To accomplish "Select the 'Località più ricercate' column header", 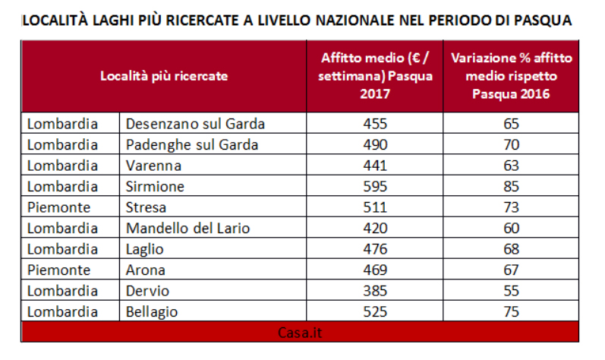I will coord(164,76).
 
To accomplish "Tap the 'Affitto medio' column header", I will coord(375,76).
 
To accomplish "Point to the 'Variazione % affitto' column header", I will coord(511,76).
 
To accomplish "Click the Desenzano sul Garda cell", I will coord(195,123).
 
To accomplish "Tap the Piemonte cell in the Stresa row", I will coord(59,207).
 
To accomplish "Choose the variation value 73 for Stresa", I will coord(511,207).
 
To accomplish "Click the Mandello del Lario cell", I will coord(187,228).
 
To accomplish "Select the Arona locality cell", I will coord(146,270).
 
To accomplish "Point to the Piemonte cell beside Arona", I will coord(59,270).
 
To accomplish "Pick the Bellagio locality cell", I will coord(153,311).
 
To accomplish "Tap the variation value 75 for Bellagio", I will coord(511,311).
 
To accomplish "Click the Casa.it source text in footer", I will coord(300,332).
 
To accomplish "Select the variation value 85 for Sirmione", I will coord(511,186).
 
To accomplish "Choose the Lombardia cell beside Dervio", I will coord(62,290).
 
